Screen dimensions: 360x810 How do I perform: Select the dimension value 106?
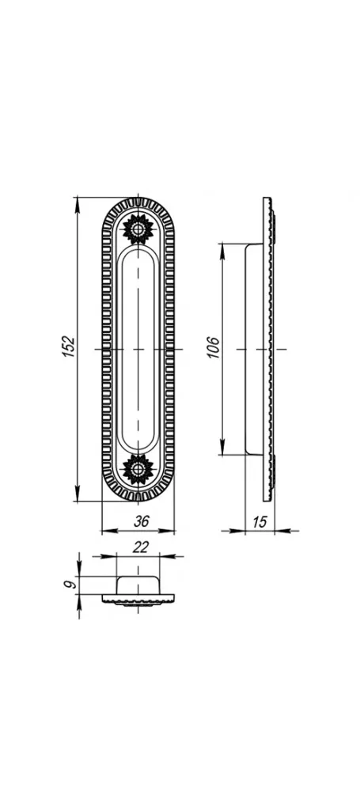coord(214,348)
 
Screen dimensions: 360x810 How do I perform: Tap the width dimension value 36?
coord(141,522)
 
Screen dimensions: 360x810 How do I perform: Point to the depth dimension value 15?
coord(260,522)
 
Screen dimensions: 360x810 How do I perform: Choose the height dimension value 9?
coord(70,585)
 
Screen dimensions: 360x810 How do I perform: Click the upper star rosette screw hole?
coord(138,229)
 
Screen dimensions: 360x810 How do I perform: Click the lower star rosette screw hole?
coord(138,469)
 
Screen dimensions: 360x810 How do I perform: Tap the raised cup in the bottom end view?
coord(138,585)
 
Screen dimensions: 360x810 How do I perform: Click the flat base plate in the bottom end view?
coord(138,599)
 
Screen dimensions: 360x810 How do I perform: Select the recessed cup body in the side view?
coord(253,349)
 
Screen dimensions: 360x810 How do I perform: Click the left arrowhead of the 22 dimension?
coord(108,556)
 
